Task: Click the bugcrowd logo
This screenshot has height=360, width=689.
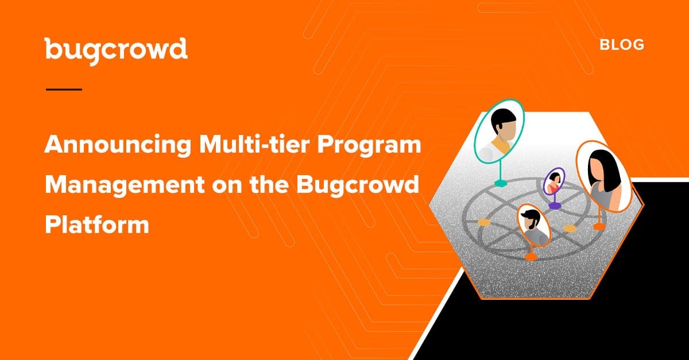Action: (116, 51)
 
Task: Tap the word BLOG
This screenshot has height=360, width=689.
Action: (622, 45)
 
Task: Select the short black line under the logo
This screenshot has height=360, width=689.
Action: (64, 90)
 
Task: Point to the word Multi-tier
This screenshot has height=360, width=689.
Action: (254, 144)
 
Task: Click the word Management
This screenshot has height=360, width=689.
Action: (125, 185)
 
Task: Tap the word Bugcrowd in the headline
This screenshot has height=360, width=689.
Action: (357, 185)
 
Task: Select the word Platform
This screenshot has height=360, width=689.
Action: (97, 224)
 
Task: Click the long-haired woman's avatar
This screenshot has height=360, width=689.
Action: (603, 176)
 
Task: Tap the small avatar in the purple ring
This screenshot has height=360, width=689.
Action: (553, 181)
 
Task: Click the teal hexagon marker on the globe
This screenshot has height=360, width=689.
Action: (501, 183)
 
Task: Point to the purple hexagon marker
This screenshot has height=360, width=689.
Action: (554, 205)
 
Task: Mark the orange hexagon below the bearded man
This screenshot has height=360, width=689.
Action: (531, 257)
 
